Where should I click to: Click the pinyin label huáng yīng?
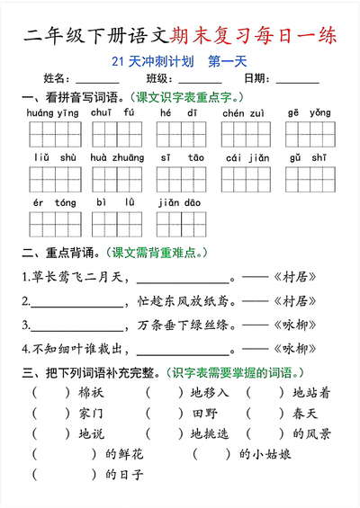[53, 112]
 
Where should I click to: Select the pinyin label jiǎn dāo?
[179, 202]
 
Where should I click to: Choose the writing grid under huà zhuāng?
[116, 180]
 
